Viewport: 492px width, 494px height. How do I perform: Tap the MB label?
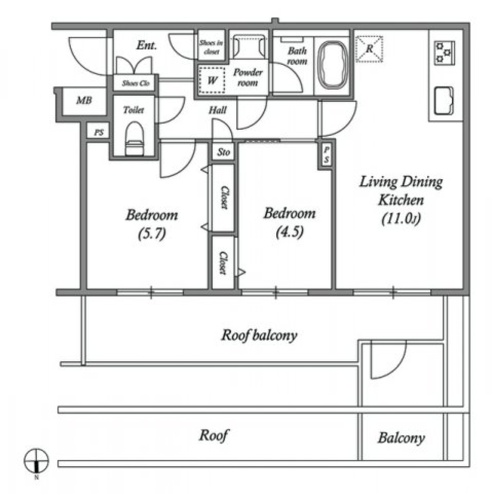(x=84, y=101)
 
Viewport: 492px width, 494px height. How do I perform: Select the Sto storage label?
(x=223, y=152)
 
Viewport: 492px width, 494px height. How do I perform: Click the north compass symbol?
(x=36, y=460)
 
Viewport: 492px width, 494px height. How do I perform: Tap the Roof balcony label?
(x=259, y=336)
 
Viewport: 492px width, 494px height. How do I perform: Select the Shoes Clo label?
(x=135, y=83)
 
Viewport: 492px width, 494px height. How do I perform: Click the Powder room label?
(x=248, y=77)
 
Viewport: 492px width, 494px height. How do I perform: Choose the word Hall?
(x=218, y=110)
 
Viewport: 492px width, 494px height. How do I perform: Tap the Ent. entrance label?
(x=147, y=46)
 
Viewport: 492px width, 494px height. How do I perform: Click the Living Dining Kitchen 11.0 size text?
(x=401, y=219)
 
